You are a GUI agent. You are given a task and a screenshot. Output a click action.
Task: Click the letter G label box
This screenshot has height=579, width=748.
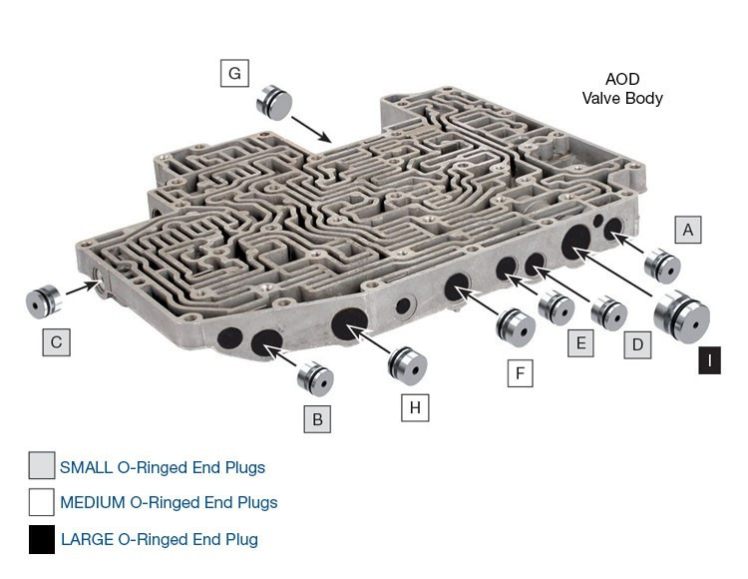pos(234,73)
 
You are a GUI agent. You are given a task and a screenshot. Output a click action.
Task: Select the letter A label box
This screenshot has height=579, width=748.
pos(687,229)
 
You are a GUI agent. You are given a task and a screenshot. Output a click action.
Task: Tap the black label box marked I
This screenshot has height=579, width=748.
pos(709,360)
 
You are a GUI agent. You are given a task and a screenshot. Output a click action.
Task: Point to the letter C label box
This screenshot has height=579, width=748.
pos(56,342)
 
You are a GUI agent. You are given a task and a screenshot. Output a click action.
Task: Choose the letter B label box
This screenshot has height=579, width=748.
pos(317,419)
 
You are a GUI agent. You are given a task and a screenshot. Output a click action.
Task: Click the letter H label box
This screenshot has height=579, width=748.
pos(415,407)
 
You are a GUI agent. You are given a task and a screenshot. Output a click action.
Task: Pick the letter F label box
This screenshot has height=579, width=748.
pos(519,374)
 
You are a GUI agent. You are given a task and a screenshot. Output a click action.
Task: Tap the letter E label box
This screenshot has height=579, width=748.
pos(578,344)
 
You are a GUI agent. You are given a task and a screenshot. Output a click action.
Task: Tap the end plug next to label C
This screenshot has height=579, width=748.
pos(43,299)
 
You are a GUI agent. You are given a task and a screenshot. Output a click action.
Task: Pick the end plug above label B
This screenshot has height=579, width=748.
pos(315,378)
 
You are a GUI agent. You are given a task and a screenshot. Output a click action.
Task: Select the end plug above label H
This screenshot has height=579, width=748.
pos(407,363)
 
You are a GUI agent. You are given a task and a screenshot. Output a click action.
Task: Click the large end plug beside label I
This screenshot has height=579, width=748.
pos(682,317)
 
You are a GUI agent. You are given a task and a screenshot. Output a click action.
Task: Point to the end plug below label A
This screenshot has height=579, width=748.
pos(661,267)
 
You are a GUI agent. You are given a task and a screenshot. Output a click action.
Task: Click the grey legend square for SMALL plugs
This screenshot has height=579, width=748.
pos(42,466)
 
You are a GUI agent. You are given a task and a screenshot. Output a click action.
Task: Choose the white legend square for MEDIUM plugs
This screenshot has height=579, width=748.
pos(42,502)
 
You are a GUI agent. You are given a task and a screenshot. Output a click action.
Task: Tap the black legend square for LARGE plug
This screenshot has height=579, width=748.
pos(42,539)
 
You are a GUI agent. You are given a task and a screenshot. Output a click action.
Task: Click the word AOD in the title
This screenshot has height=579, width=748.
pos(622,80)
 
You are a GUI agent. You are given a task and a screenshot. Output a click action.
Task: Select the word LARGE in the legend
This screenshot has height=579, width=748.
pos(88,539)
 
